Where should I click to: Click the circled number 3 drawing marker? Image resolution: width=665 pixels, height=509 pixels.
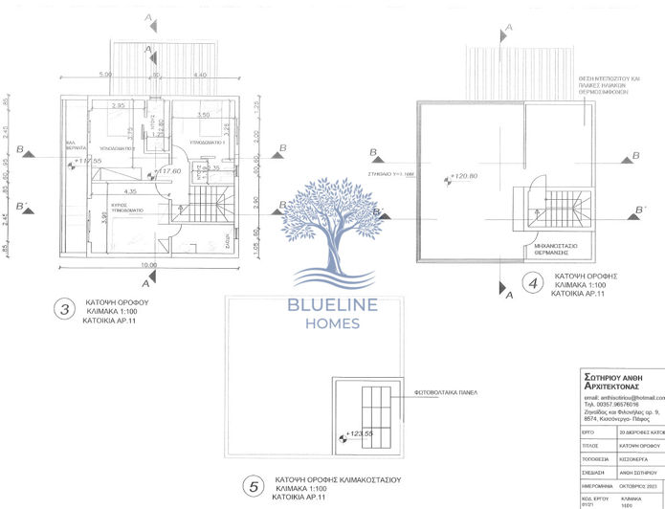coord(64,309)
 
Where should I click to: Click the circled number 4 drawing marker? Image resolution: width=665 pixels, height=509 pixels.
coord(531,284)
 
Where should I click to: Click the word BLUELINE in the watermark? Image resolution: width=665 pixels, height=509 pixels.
coord(333,305)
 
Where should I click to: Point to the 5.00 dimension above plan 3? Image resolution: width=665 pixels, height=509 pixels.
coord(106,75)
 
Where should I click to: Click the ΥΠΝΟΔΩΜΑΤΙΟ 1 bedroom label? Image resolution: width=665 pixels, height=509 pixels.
coord(207,141)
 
